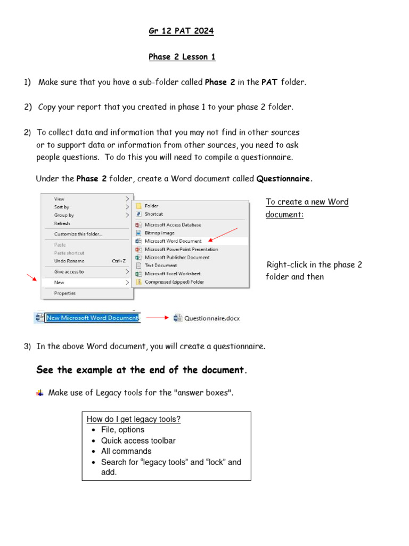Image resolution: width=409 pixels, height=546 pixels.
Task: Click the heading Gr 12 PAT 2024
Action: (181, 31)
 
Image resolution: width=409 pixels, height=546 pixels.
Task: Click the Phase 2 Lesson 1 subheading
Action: (182, 57)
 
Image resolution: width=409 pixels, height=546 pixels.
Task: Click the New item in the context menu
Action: (59, 283)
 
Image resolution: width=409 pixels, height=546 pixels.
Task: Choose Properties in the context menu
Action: (65, 293)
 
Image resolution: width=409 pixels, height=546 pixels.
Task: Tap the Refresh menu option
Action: (62, 223)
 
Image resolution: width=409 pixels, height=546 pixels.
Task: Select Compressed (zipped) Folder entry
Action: (174, 282)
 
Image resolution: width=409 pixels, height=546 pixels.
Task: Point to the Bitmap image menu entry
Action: (159, 233)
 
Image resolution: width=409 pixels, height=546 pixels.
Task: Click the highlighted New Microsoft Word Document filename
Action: (92, 318)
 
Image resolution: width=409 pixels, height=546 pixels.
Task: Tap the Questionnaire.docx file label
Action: (211, 318)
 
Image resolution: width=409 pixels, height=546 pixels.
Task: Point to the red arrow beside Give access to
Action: (33, 277)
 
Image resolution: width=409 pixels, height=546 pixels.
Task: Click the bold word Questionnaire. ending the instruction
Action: (284, 179)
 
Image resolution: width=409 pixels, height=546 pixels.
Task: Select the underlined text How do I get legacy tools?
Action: (134, 419)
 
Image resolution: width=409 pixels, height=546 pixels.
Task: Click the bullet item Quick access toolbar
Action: (138, 440)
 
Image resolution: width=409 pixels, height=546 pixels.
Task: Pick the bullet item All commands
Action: (126, 451)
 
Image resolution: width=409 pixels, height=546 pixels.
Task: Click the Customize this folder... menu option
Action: (78, 234)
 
